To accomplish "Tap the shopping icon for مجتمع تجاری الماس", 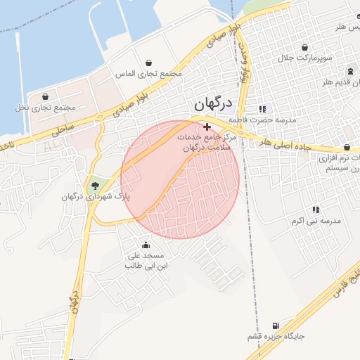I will coord(148,63).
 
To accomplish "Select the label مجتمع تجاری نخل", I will coord(45,108).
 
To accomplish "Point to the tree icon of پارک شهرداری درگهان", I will coord(95,186).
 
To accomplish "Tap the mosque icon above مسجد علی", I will coord(146,245).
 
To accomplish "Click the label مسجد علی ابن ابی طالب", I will coord(144,261).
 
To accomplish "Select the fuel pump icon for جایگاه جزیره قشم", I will coord(275,326).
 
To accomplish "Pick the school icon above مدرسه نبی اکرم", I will coord(316,210).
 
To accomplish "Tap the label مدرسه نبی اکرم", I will coord(316,221).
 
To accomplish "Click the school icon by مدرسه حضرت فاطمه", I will coord(262,109).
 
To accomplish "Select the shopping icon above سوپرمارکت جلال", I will coord(304,48).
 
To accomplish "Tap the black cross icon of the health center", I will coord(207,126).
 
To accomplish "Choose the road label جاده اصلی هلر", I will coord(285,145).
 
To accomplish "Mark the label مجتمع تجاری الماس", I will coord(148,74).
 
